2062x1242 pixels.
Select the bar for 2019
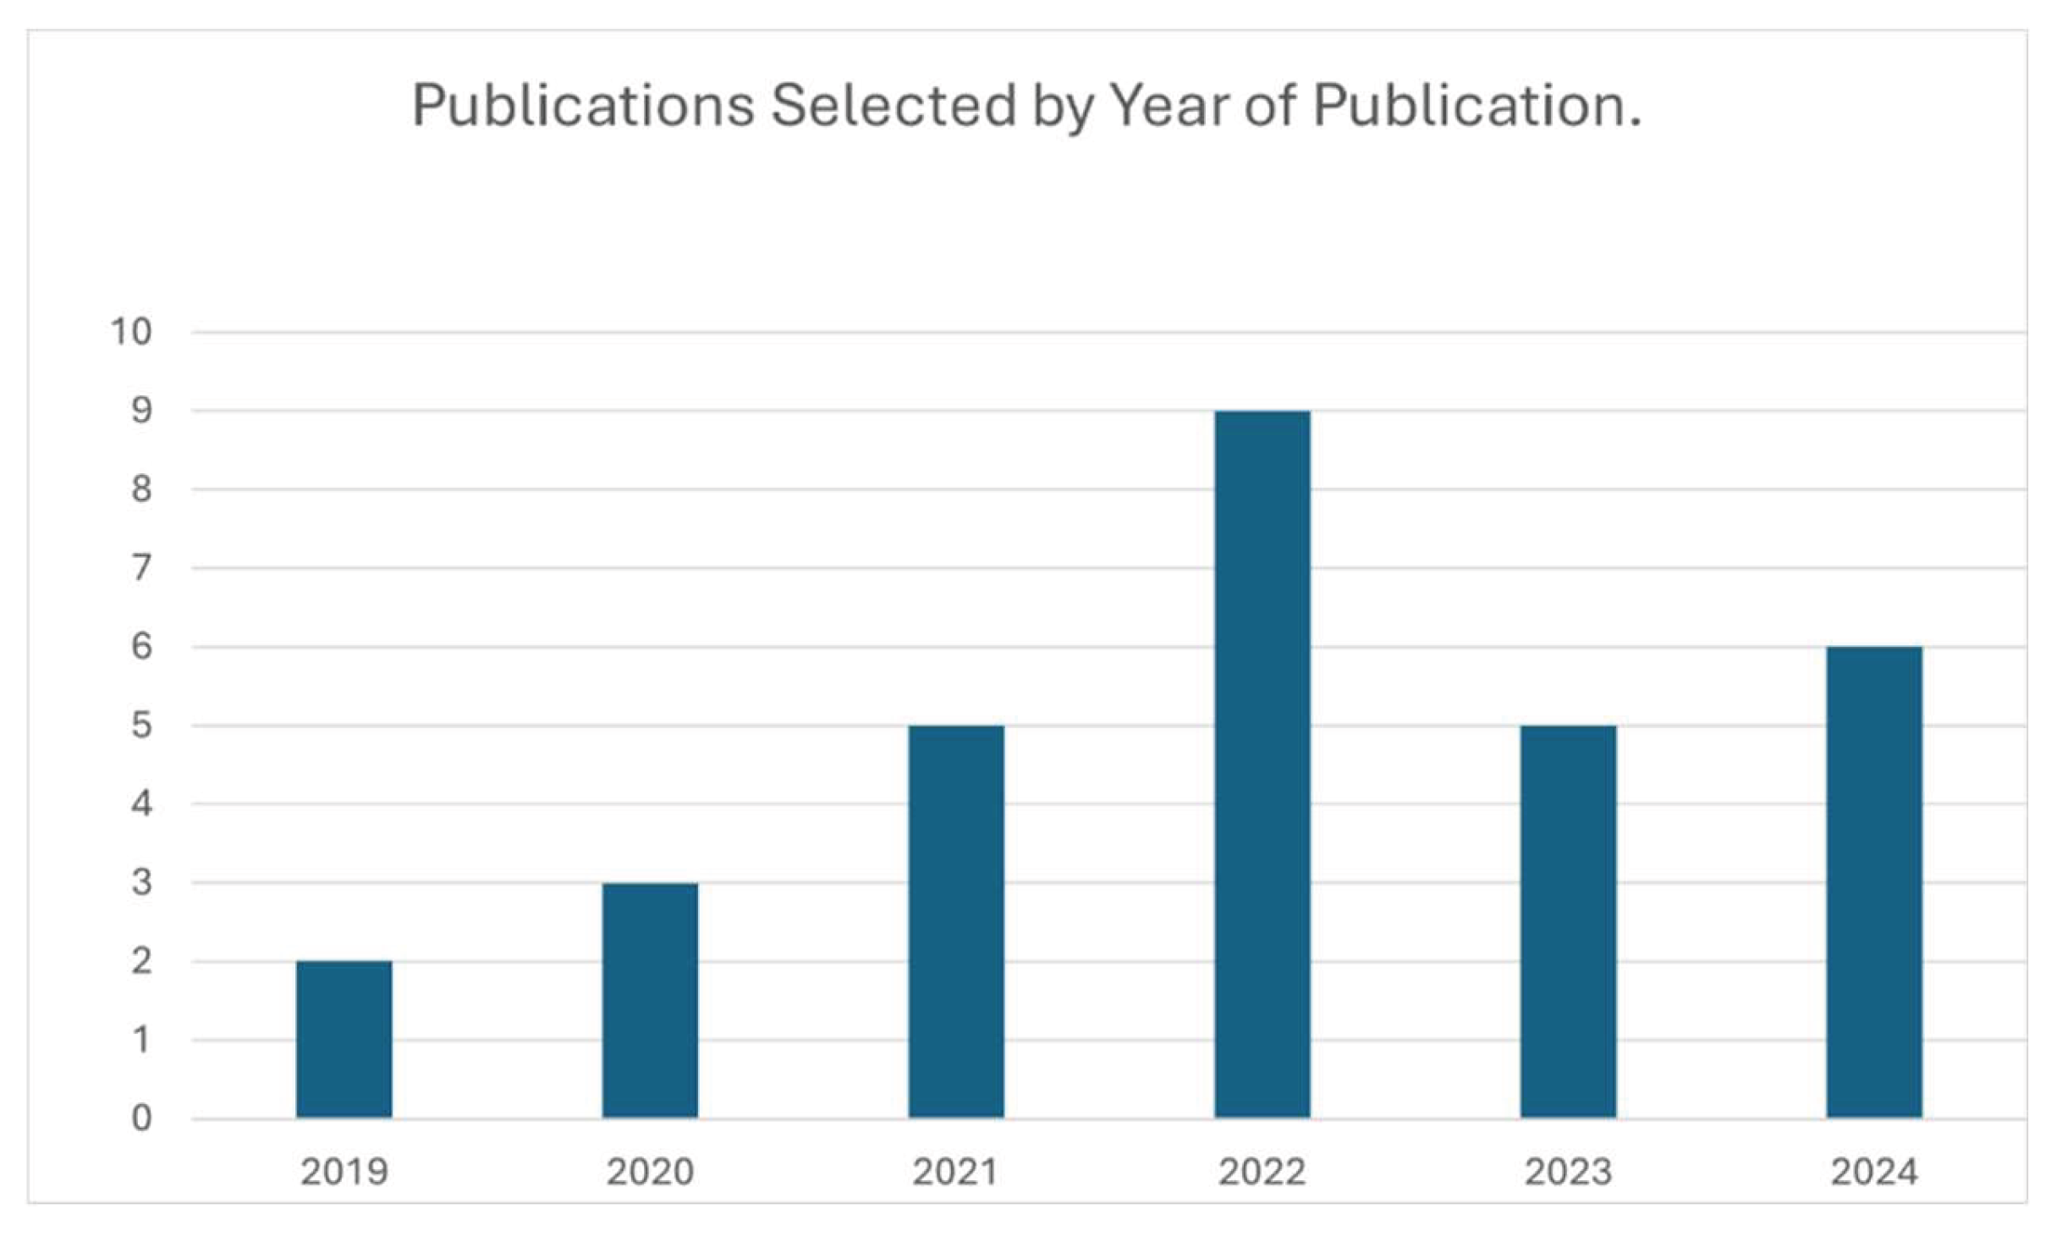[344, 1039]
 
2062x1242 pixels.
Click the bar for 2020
[650, 1000]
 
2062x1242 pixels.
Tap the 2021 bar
[956, 921]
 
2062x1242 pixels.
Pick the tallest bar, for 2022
[1262, 764]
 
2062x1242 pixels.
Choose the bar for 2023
[1568, 921]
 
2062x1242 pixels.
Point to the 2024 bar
[1874, 881]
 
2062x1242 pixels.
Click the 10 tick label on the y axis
[131, 332]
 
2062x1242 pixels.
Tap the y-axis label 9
[141, 411]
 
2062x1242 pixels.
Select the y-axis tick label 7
[141, 568]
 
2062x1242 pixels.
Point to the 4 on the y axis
[141, 803]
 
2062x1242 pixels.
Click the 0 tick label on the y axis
[141, 1118]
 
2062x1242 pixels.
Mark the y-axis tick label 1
[141, 1040]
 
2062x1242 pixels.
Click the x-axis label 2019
[344, 1172]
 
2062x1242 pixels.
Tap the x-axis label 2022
[1262, 1172]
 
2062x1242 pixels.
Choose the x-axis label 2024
[1874, 1172]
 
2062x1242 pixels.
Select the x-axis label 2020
[650, 1172]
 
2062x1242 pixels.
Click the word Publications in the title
[582, 106]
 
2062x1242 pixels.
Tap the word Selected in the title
[893, 106]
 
